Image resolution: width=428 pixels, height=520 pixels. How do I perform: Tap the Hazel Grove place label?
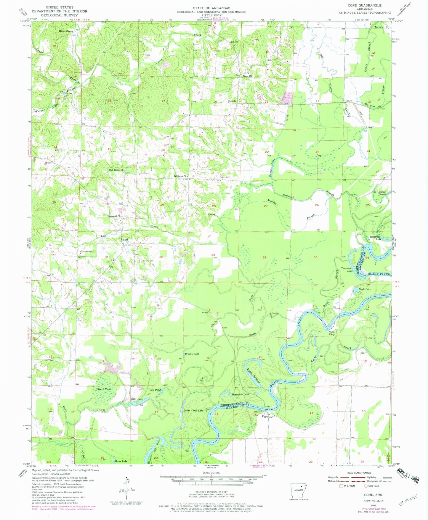coord(66,31)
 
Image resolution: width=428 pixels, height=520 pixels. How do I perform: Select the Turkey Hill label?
coord(381,27)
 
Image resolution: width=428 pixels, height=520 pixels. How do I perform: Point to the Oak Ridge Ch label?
coord(116,170)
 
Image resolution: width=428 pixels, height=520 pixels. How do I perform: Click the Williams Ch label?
coord(180,176)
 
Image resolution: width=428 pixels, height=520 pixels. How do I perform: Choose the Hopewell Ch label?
coord(114,216)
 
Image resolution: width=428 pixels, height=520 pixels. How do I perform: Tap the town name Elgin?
coord(265,416)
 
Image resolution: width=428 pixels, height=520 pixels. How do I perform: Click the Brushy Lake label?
coord(192,354)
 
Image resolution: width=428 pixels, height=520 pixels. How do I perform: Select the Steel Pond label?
coord(104,389)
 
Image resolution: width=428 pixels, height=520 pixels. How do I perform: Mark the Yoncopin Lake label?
coord(347,269)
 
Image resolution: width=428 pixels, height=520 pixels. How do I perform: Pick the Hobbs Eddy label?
coord(331,333)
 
